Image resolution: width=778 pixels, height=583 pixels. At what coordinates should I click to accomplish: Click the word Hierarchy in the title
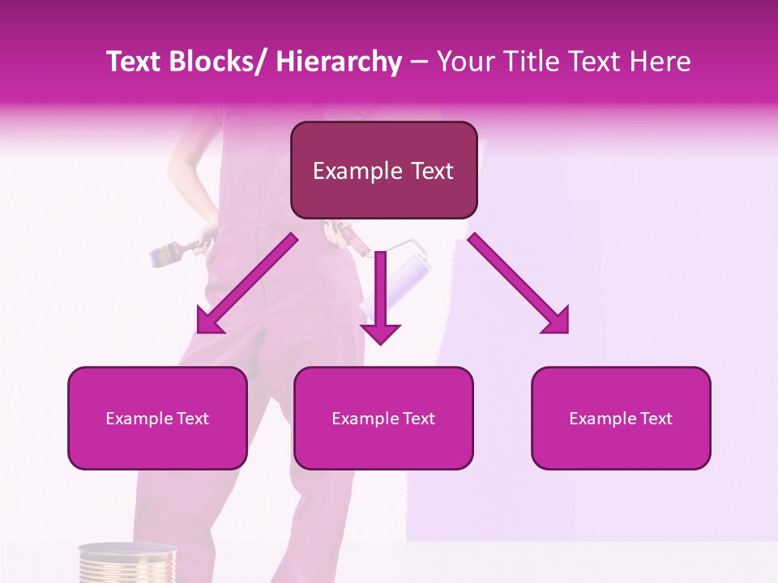pos(339,62)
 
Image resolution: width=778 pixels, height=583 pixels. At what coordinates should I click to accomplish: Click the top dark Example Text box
pos(383,170)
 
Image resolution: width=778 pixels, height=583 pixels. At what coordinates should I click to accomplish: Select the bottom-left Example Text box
pos(156,418)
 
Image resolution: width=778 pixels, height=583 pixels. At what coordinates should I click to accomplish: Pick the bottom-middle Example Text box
pos(383,418)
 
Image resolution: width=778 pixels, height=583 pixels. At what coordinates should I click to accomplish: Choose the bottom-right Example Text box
pos(621,418)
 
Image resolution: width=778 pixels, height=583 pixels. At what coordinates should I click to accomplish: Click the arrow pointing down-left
pos(246,283)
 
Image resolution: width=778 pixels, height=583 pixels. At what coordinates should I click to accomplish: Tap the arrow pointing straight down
pos(380,296)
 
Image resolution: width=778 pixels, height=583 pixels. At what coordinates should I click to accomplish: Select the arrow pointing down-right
pos(519,283)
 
